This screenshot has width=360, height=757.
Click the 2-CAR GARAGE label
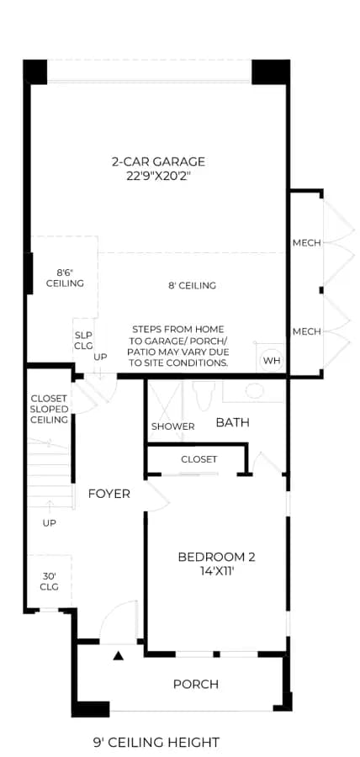[159, 161]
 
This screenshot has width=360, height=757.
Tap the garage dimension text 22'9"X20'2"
[159, 177]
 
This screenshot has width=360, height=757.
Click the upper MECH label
[306, 243]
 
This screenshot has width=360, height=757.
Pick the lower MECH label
[306, 331]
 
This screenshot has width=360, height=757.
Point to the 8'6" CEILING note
[65, 278]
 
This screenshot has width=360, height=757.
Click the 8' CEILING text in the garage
[192, 286]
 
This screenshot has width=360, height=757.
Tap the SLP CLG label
[83, 340]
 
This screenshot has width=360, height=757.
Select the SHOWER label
[172, 426]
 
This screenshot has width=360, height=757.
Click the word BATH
[233, 423]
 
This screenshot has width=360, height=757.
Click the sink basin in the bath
[254, 390]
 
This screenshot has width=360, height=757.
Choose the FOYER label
[109, 494]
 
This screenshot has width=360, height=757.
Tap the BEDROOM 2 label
[217, 557]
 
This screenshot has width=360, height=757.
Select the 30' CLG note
[50, 581]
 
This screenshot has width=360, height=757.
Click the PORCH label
[196, 684]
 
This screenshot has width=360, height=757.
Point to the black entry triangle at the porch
[119, 655]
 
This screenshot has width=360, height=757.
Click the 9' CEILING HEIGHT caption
[156, 742]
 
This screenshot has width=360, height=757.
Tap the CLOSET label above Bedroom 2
[199, 459]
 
